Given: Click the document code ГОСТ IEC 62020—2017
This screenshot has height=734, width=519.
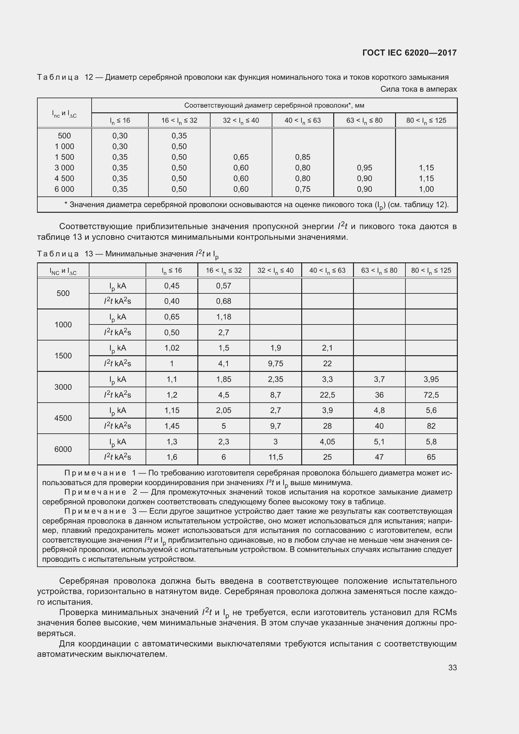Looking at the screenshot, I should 409,53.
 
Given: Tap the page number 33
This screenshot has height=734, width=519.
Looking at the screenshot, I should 452,667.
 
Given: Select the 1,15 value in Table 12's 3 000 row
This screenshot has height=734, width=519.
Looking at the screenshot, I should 426,168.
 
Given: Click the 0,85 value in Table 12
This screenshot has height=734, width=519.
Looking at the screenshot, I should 302,157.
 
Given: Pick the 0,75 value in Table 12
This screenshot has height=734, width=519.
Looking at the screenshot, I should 302,189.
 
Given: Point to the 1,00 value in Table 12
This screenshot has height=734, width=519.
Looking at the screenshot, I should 426,189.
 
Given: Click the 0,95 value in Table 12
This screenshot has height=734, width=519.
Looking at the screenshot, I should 364,168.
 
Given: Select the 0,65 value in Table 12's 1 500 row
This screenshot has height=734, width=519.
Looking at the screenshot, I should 241,157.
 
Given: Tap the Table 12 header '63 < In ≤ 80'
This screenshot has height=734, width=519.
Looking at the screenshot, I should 364,121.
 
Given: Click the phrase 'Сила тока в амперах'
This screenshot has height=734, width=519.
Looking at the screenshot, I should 418,89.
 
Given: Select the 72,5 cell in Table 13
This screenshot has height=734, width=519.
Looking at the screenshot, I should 431,395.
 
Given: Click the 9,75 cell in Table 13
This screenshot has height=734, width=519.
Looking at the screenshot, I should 276,363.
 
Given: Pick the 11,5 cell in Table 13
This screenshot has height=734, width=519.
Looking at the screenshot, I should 276,457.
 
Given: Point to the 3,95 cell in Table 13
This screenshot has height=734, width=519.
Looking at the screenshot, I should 431,379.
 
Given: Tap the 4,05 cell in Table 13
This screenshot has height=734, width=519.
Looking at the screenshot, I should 327,442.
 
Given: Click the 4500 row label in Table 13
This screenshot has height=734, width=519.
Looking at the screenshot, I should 63,418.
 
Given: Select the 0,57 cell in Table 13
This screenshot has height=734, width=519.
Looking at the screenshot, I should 223,286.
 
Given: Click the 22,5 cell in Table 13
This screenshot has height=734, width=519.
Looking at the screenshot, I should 327,395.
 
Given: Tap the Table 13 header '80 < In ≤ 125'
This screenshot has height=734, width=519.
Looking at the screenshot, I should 431,271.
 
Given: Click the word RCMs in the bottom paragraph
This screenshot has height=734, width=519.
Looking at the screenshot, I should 444,612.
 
